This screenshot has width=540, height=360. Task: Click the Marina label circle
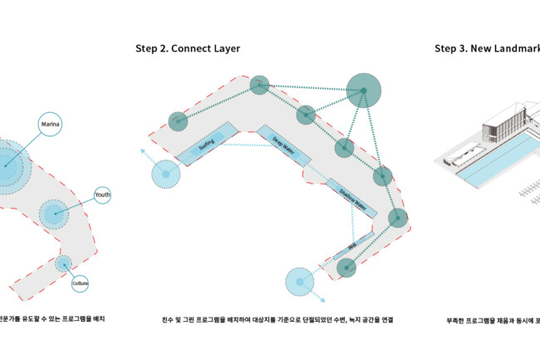pyautogui.click(x=49, y=126)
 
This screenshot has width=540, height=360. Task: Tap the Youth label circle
pyautogui.click(x=102, y=195)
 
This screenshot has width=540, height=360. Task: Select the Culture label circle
pyautogui.click(x=80, y=284)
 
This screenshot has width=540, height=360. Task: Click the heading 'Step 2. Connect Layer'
pyautogui.click(x=188, y=48)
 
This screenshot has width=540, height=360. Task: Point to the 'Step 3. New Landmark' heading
pyautogui.click(x=487, y=48)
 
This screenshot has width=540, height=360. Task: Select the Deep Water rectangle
pyautogui.click(x=283, y=144)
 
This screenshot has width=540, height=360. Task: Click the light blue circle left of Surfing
pyautogui.click(x=165, y=174)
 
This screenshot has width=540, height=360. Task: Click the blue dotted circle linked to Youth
pyautogui.click(x=56, y=215)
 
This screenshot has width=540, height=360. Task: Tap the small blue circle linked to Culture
pyautogui.click(x=63, y=264)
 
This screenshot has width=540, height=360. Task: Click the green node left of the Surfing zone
pyautogui.click(x=177, y=121)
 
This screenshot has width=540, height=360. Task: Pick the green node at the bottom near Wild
pyautogui.click(x=346, y=267)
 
